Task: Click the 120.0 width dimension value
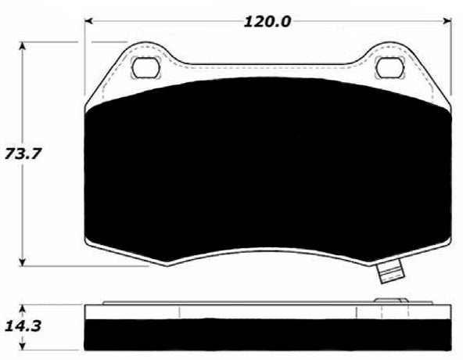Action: (x=267, y=21)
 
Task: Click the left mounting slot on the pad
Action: (x=144, y=69)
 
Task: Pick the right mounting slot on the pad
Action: (x=389, y=69)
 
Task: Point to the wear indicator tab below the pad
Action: (x=389, y=273)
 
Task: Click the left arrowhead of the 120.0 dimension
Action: (x=89, y=21)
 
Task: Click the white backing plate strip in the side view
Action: (x=266, y=311)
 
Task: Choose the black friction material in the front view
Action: (x=266, y=172)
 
